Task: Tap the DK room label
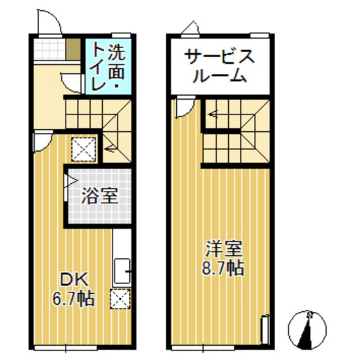click(74, 280)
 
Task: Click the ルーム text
click(220, 75)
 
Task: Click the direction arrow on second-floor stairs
click(212, 116)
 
